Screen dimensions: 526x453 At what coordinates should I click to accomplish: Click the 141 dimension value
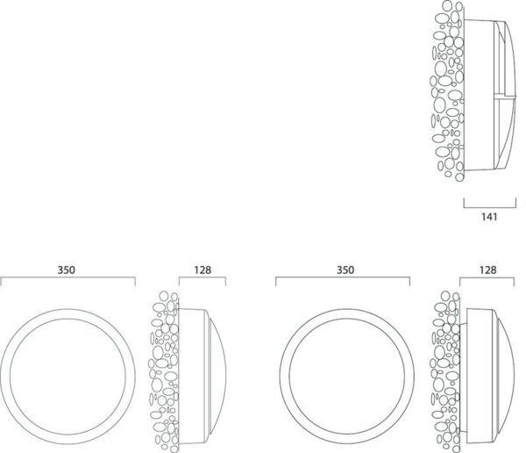[489, 217]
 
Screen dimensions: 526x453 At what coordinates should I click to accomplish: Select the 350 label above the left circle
[67, 270]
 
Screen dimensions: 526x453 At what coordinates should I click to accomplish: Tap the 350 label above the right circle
[345, 270]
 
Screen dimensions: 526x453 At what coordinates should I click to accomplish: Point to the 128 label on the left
[203, 270]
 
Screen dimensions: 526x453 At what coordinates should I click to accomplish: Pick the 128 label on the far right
[487, 270]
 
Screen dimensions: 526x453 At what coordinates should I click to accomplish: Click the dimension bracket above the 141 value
[490, 208]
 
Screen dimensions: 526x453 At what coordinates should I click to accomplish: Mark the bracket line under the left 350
[68, 277]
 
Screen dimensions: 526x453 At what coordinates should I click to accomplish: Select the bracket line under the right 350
[343, 277]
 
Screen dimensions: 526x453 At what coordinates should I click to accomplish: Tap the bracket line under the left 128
[203, 277]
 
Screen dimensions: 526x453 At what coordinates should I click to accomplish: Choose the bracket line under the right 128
[487, 277]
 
